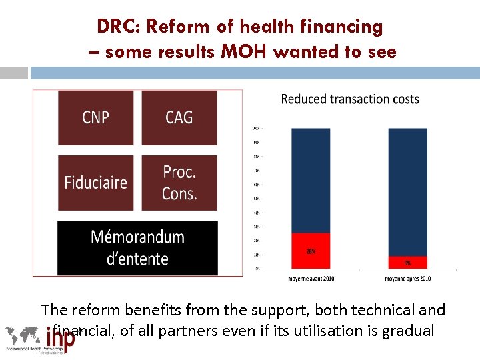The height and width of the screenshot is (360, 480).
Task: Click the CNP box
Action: [x=95, y=117]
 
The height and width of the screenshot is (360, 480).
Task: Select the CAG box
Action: [x=179, y=117]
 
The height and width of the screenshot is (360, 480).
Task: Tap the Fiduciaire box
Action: [x=95, y=183]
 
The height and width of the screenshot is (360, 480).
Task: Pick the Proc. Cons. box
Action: [x=179, y=183]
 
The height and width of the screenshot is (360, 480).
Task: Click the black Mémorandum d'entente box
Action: [x=137, y=247]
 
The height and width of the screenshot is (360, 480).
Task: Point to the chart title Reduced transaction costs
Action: [x=350, y=99]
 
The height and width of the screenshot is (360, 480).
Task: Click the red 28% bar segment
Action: [x=311, y=251]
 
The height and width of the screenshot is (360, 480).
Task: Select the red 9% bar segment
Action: [x=407, y=262]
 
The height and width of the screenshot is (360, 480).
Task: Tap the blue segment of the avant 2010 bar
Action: [x=311, y=180]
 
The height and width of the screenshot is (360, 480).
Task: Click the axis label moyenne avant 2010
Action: [x=311, y=278]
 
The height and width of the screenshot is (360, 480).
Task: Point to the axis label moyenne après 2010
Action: [x=407, y=278]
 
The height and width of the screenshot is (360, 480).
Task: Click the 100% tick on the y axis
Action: [x=256, y=128]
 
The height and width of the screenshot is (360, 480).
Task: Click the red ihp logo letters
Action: [x=61, y=337]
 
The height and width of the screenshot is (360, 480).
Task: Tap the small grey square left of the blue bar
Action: [x=14, y=73]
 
